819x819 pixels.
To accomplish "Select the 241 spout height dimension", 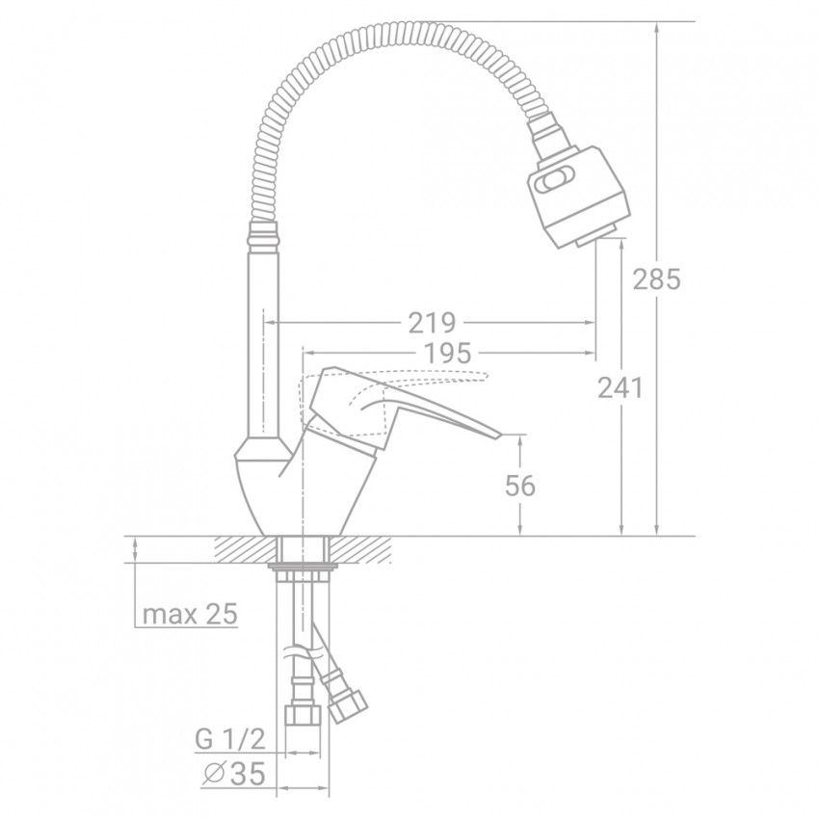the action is point(620,387).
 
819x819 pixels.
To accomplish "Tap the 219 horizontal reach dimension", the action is point(432,323).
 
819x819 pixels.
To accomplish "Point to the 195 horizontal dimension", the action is point(447,353).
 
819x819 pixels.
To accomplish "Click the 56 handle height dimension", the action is point(520,486).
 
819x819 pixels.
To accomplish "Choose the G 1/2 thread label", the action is point(230,739).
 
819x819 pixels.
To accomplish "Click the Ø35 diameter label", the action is point(233,773).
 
